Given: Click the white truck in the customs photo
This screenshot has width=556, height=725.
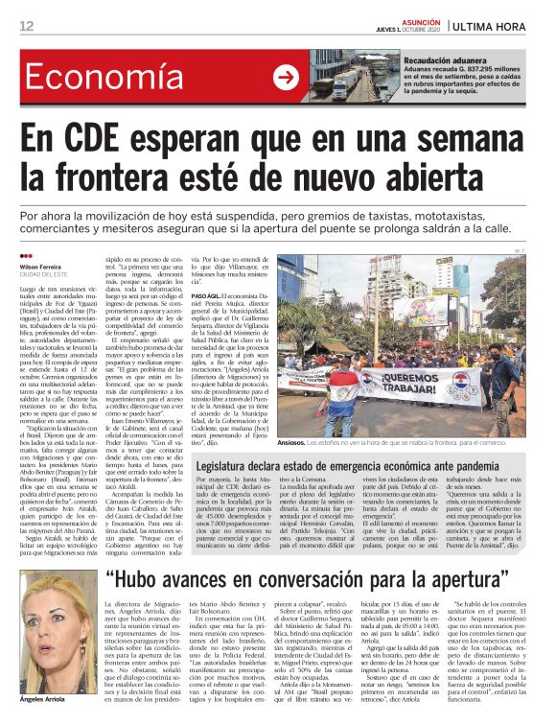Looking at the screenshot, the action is click(344, 84).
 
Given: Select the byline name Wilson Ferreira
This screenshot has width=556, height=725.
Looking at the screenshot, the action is click(42, 266).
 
